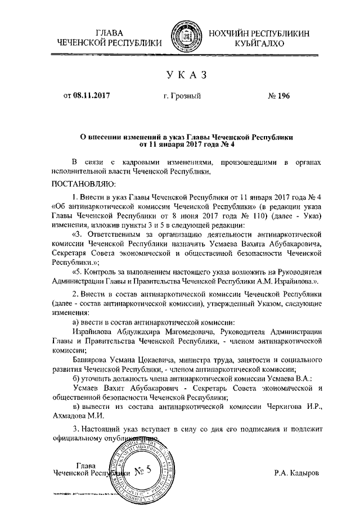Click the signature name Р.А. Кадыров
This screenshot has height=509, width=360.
tap(296, 474)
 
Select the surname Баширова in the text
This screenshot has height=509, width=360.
tap(93, 359)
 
